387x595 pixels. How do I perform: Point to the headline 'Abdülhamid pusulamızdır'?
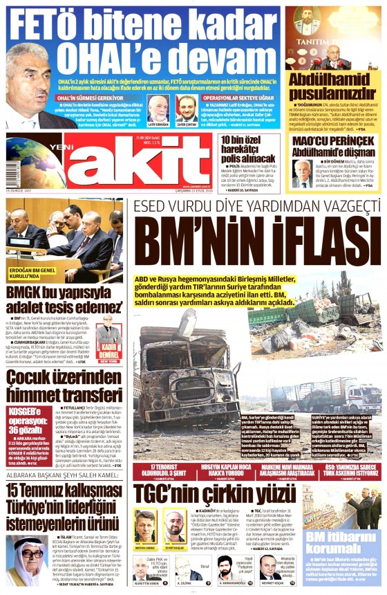click(x=332, y=84)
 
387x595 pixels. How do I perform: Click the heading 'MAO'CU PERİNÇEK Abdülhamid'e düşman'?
click(x=332, y=146)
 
